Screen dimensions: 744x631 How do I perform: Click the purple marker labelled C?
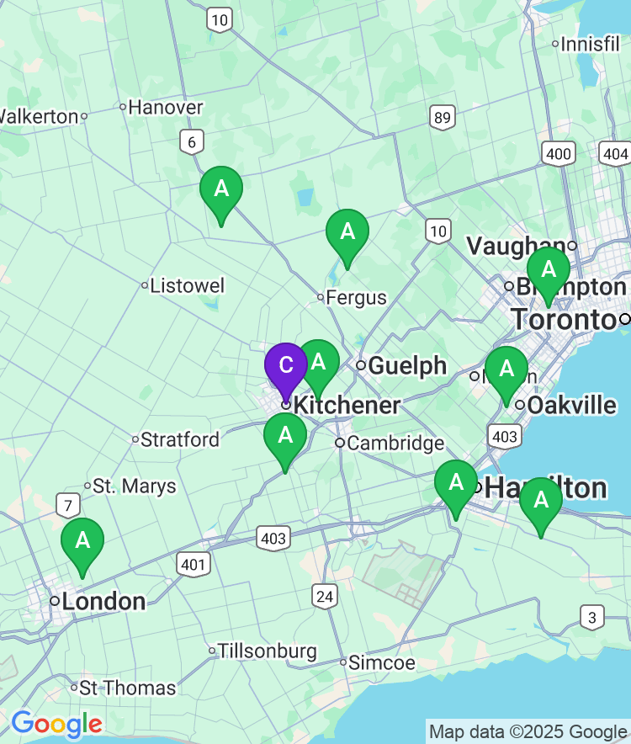point(286,366)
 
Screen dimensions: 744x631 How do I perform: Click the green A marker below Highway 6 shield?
point(221,189)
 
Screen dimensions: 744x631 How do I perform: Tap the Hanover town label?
point(165,107)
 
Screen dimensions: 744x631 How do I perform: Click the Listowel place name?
point(187,285)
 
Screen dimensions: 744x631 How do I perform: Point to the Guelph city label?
point(407,365)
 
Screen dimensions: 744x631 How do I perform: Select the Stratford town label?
point(179,439)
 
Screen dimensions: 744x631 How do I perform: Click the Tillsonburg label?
point(267,651)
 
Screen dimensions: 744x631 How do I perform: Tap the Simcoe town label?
point(382,662)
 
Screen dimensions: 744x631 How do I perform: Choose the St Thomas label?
point(127,688)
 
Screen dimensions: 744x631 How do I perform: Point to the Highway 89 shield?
point(442,117)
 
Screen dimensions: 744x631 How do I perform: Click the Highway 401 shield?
point(194,564)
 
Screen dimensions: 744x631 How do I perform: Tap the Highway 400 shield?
point(559,153)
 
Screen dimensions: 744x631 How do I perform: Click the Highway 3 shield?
point(592,618)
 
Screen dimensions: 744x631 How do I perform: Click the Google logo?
point(56,723)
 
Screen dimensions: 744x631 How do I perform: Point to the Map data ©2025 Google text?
point(528,731)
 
